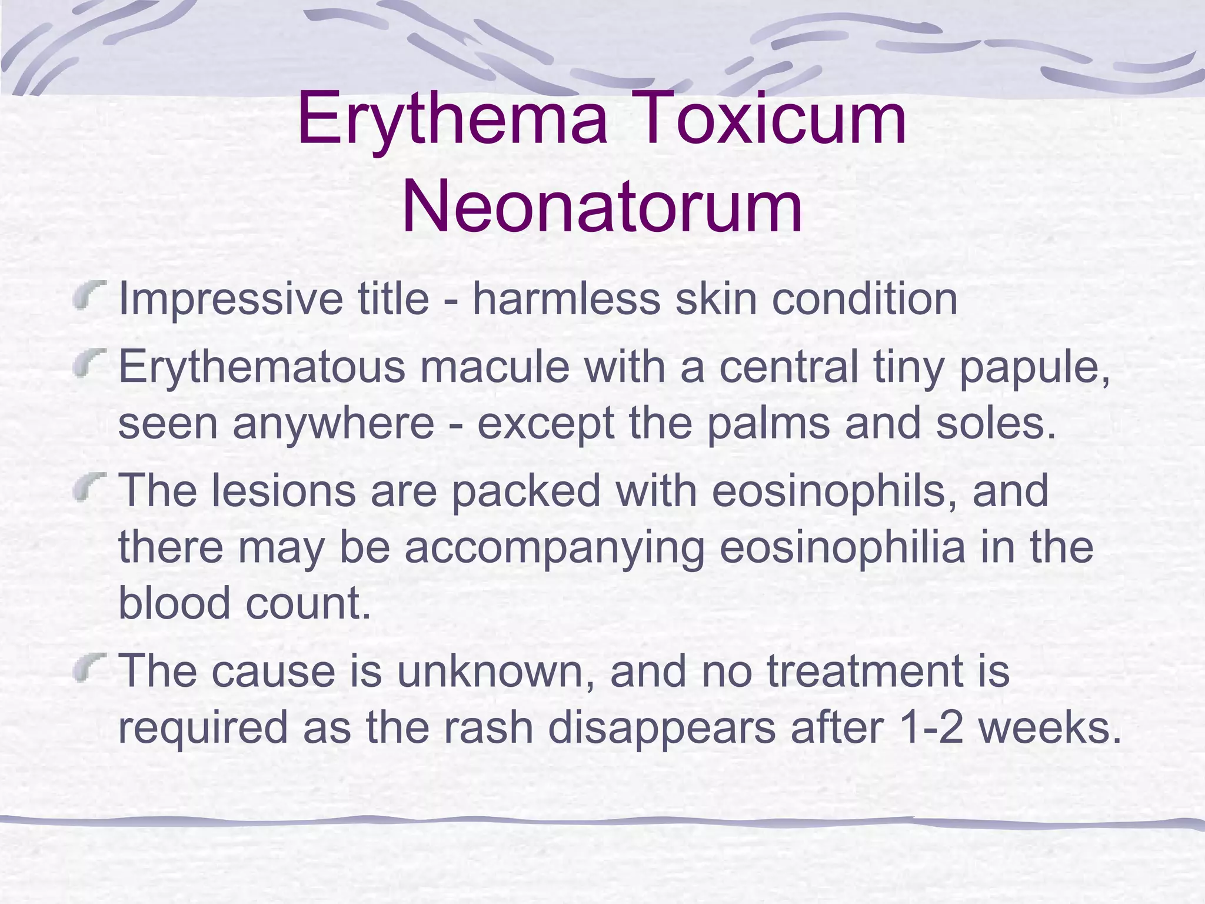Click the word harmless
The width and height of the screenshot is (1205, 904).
tap(565, 299)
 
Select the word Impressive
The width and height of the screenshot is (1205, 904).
tap(230, 299)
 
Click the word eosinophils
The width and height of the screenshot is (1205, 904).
tap(835, 491)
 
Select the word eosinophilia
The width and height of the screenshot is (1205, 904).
tap(842, 547)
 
